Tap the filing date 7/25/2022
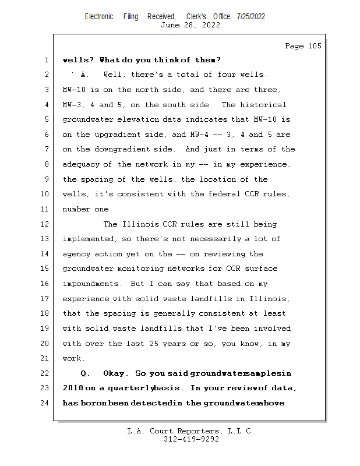click(251, 16)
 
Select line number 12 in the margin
click(45, 224)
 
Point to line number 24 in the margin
click(45, 403)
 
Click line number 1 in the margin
click(45, 60)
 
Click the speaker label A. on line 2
click(84, 75)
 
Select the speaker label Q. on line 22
click(86, 373)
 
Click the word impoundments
click(90, 284)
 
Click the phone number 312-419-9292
click(191, 439)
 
